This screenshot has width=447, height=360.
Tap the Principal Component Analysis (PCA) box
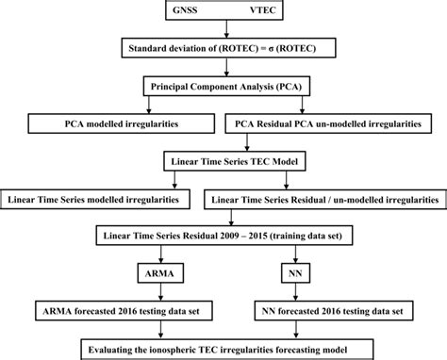tap(223, 86)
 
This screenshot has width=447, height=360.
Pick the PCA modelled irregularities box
tap(111, 123)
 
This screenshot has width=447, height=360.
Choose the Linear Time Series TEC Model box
tap(223, 161)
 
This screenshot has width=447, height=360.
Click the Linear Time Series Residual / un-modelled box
tap(324, 200)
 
